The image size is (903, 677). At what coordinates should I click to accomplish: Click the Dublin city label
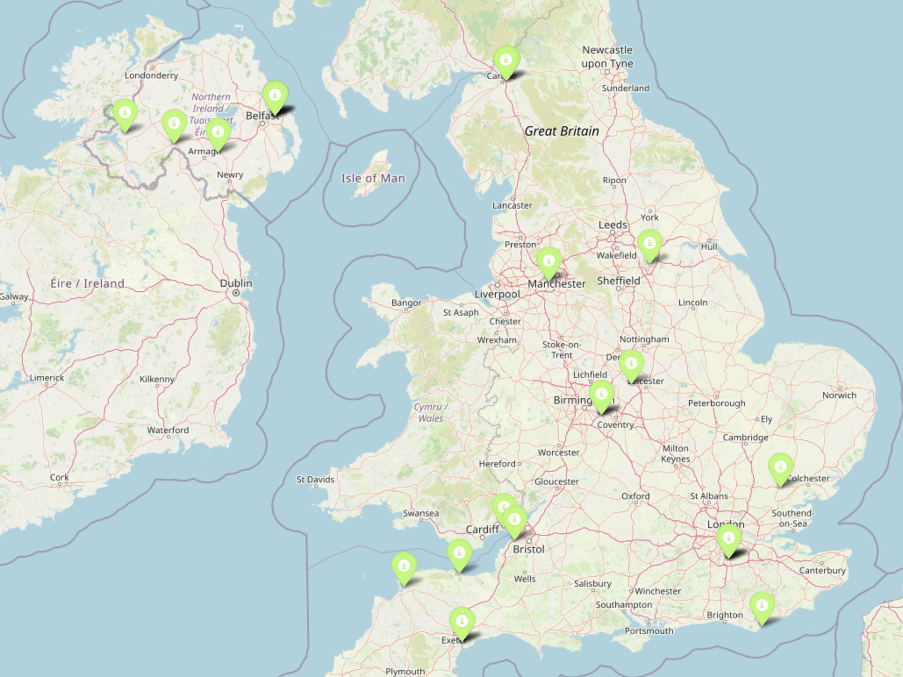pos(236,283)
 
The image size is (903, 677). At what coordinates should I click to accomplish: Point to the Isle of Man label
pos(373,178)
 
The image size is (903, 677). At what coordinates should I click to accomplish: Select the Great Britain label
pos(562,131)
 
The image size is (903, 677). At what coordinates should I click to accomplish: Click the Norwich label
pos(839,395)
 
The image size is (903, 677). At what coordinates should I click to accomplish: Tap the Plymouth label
pos(405,671)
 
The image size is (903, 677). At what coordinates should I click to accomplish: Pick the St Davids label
pos(315,479)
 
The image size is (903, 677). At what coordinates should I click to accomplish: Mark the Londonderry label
pos(151,75)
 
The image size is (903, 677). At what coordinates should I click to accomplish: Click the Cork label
pos(59,477)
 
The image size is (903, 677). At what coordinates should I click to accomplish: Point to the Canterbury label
pos(822,570)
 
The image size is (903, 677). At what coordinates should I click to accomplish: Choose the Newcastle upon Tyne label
pos(607,57)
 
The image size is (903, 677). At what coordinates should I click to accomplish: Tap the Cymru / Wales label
pos(431,413)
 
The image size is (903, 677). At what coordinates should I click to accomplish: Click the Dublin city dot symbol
pos(236,293)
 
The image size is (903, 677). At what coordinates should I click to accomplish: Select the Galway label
pos(13,296)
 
